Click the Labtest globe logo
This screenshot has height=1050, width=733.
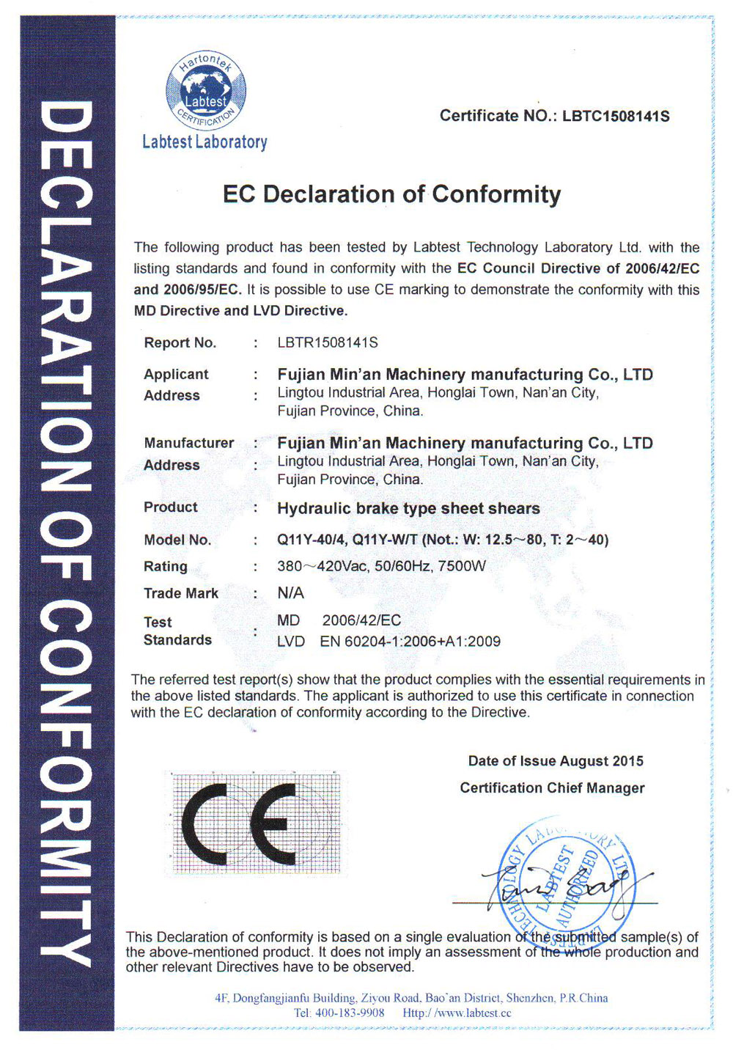[206, 89]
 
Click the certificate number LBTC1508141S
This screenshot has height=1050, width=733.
[616, 116]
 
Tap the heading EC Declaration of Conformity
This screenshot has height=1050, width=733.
[391, 194]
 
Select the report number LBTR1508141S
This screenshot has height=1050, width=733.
[328, 342]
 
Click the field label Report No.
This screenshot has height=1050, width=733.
[180, 342]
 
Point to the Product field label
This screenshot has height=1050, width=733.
[171, 507]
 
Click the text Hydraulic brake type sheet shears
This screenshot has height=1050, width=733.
[408, 508]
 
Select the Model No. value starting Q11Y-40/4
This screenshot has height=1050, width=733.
[443, 540]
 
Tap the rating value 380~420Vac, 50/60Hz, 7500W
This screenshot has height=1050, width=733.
[381, 566]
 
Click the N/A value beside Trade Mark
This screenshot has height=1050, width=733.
[290, 592]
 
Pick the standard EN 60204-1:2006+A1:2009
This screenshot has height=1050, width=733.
[410, 642]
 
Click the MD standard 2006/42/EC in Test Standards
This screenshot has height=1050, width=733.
[361, 620]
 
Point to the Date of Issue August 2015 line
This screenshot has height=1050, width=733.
[556, 761]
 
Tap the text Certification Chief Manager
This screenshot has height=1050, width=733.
[552, 788]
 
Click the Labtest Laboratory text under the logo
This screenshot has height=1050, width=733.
[205, 142]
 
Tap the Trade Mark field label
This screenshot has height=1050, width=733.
[181, 593]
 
